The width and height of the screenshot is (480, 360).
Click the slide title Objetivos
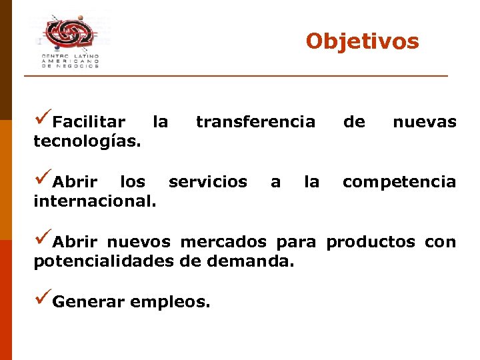point(362,41)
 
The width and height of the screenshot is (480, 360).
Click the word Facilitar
point(89,122)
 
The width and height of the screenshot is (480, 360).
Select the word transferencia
point(255,122)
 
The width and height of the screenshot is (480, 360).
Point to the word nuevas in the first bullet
point(424,122)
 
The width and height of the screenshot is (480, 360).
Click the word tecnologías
point(87,141)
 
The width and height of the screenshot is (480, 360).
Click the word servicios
point(207,182)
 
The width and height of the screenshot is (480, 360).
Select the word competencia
point(399,182)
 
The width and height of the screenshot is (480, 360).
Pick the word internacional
point(95,201)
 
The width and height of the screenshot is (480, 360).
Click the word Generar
point(88,302)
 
